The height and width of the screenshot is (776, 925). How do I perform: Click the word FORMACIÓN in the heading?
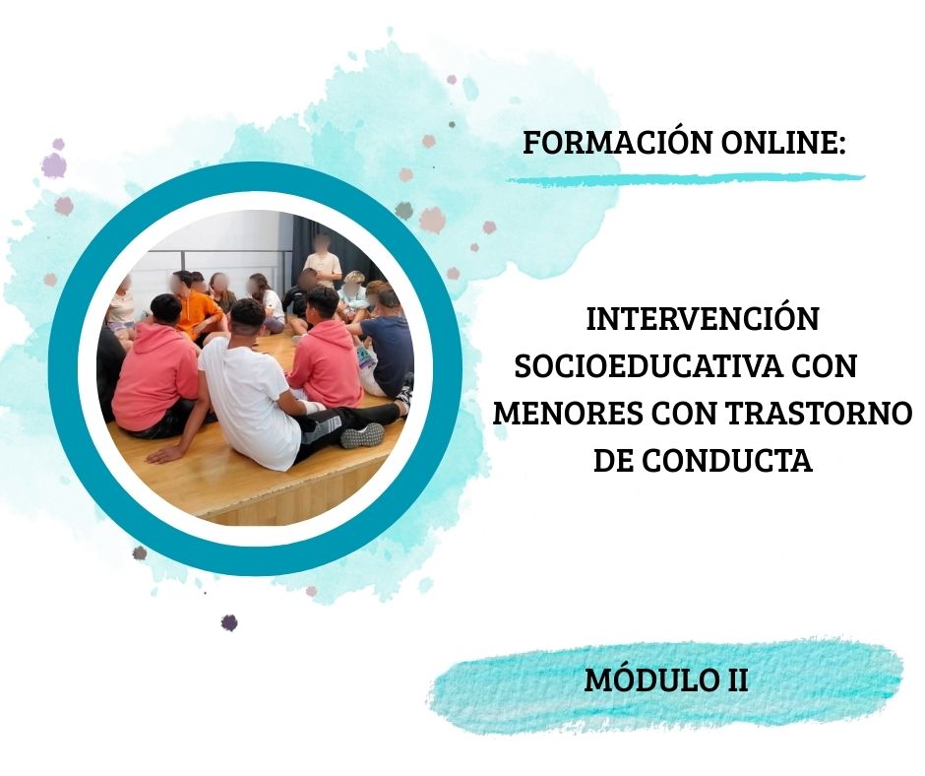click(x=619, y=143)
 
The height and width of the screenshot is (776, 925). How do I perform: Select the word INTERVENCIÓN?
click(x=703, y=319)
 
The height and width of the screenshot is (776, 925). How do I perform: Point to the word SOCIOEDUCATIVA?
click(x=644, y=366)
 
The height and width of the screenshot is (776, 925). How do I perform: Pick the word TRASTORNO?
click(x=818, y=414)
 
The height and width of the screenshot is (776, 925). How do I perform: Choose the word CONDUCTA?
click(x=727, y=461)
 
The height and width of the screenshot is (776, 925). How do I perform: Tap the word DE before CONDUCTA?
click(x=613, y=461)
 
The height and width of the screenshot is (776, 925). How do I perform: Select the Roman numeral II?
click(x=736, y=679)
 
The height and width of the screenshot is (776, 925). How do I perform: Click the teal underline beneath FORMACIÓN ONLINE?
click(x=685, y=178)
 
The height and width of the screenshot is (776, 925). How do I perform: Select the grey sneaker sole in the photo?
click(x=362, y=435)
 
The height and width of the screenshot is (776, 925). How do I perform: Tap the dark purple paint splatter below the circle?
click(x=229, y=621)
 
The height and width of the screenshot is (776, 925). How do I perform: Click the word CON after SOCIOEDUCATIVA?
click(x=824, y=366)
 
